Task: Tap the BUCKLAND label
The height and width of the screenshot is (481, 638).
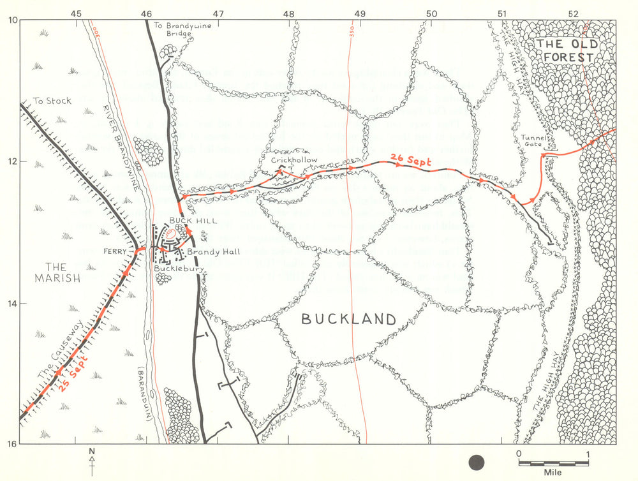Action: pos(348,319)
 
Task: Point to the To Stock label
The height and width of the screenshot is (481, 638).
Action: pos(52,101)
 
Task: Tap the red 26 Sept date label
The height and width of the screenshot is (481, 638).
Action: pos(412,161)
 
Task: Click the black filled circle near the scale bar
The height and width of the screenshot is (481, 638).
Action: pos(477,462)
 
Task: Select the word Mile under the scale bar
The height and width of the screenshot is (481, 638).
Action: pos(553,473)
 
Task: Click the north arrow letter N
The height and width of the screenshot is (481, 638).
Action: pos(92,452)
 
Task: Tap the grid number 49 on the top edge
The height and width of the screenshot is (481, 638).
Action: pos(359,13)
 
